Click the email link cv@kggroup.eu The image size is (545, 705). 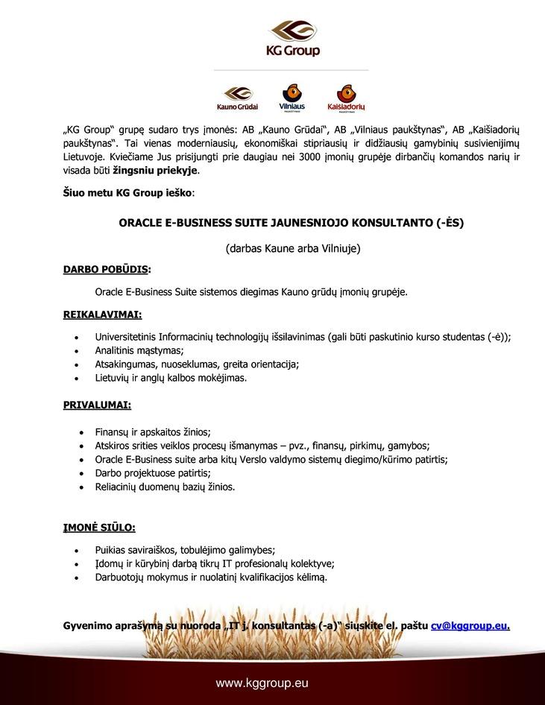pyautogui.click(x=470, y=625)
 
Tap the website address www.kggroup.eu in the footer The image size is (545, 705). pyautogui.click(x=262, y=683)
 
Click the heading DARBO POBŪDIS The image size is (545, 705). pyautogui.click(x=107, y=268)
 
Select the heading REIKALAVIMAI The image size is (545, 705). pyautogui.click(x=103, y=314)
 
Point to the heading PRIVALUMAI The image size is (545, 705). pyautogui.click(x=97, y=406)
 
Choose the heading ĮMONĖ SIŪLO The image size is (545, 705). pyautogui.click(x=99, y=528)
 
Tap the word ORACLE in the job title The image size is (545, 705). pyautogui.click(x=140, y=222)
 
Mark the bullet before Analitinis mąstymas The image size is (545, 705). pyautogui.click(x=78, y=350)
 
